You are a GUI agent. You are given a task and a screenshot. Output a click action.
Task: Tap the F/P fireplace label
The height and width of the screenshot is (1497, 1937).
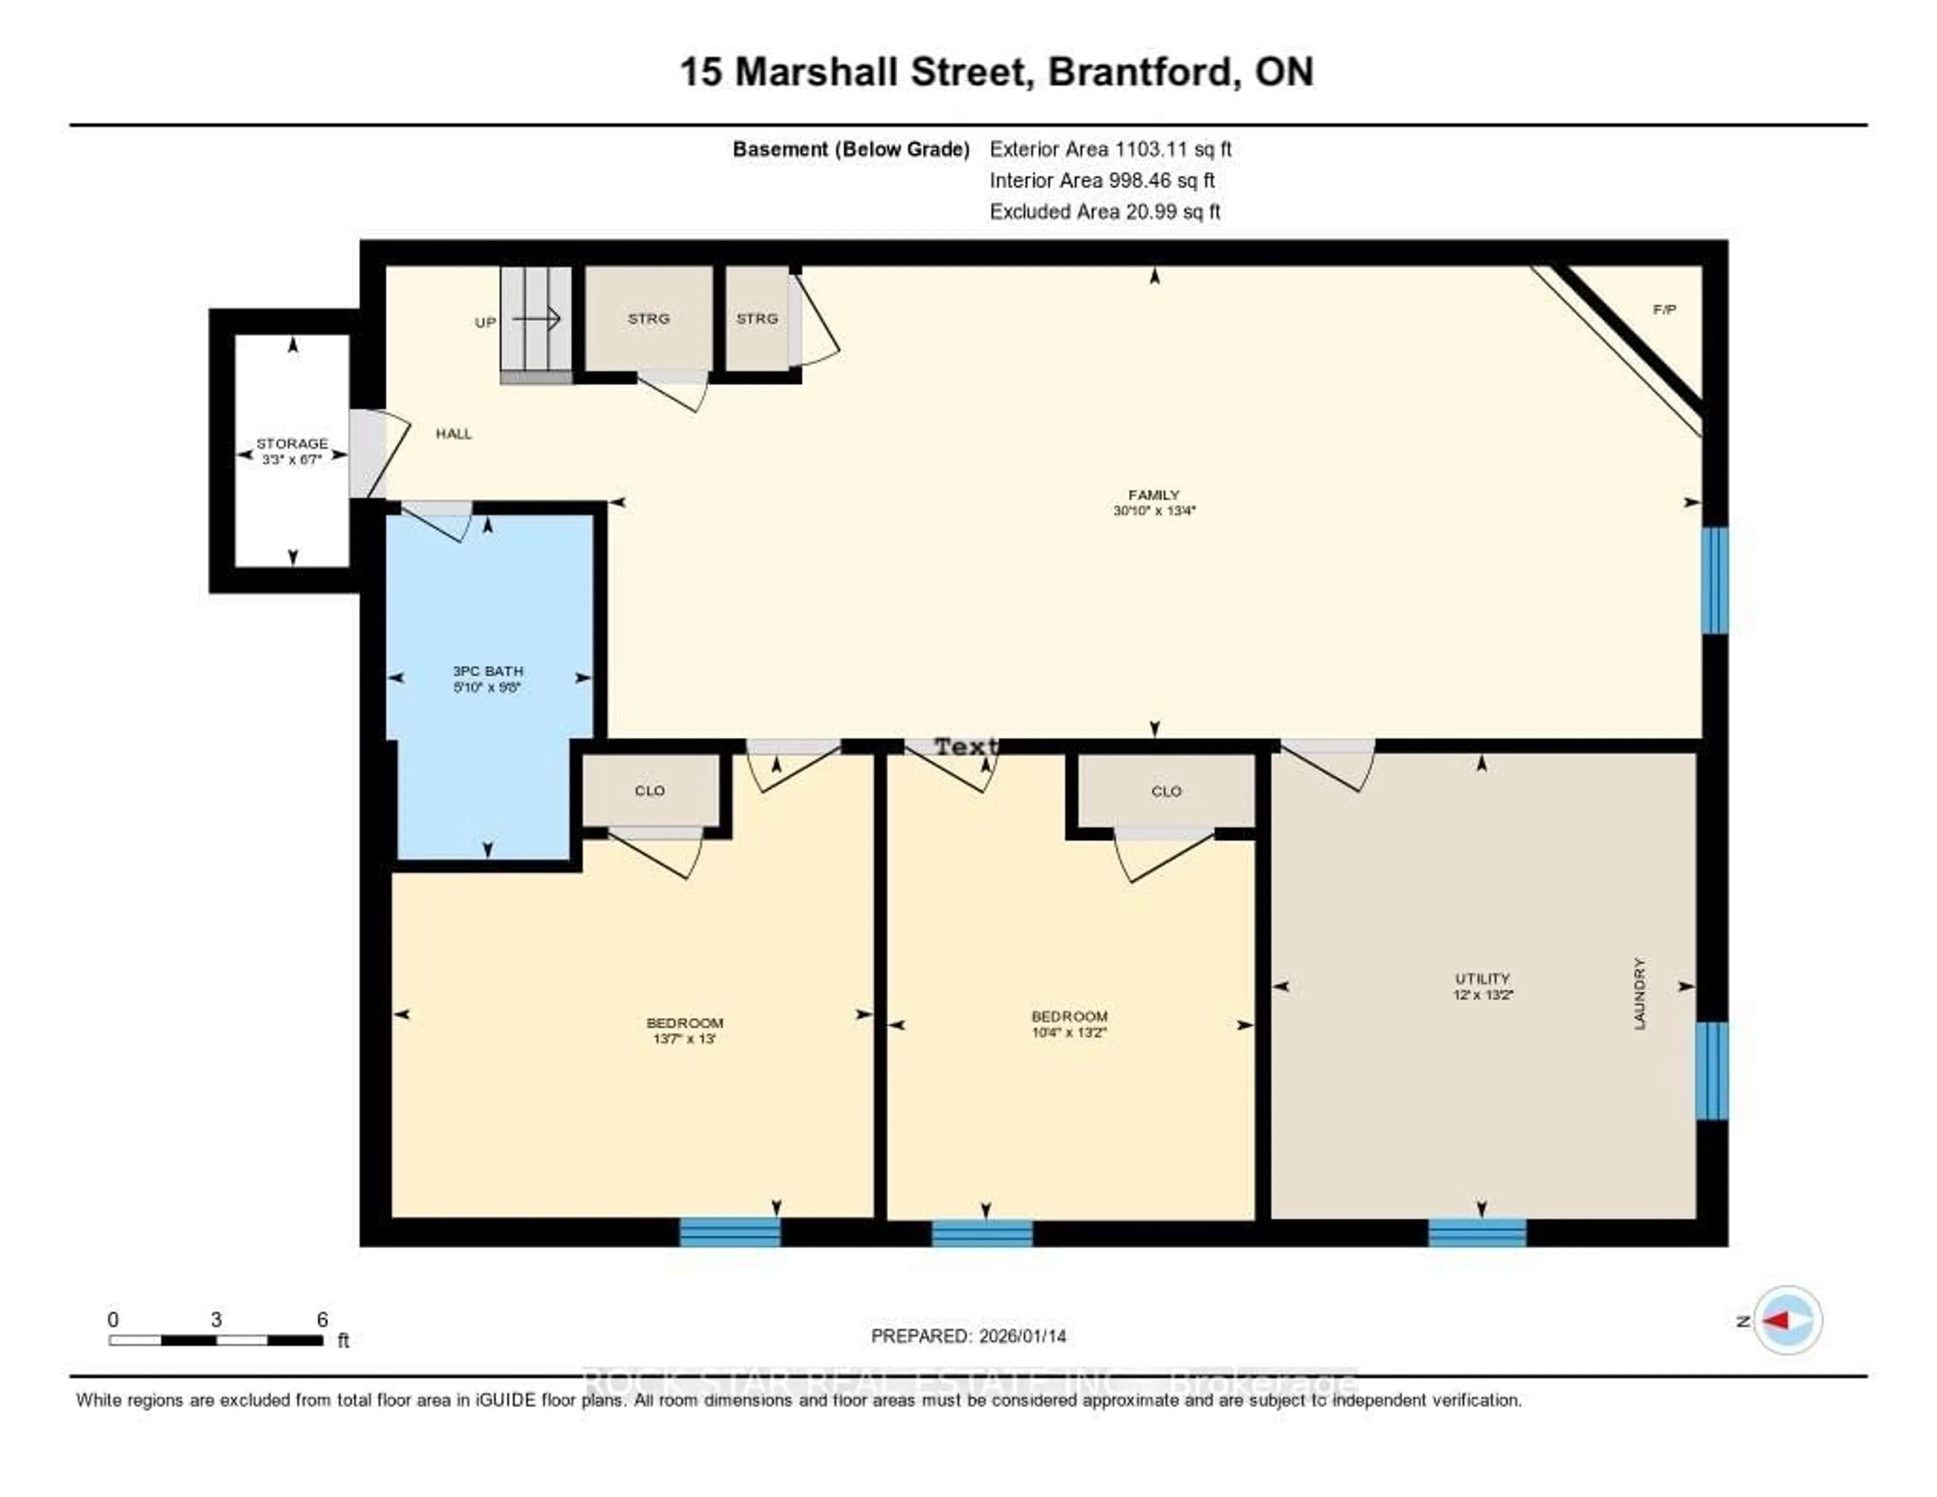(1664, 310)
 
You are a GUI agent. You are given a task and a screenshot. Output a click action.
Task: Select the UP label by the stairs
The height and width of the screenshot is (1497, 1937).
(485, 322)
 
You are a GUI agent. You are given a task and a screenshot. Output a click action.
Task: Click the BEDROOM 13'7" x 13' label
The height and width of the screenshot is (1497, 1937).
(684, 1030)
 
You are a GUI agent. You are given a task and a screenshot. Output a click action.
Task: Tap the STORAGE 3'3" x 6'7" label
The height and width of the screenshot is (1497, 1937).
(292, 451)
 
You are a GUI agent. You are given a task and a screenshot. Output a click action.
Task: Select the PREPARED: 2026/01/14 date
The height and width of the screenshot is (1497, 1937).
(968, 1335)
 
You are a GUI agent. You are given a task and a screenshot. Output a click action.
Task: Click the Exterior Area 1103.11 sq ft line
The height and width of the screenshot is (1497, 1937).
(1110, 149)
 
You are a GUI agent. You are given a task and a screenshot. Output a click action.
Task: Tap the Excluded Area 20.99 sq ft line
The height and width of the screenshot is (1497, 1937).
(1105, 211)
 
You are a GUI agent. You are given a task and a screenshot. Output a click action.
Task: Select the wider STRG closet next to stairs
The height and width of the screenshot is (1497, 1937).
(648, 318)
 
